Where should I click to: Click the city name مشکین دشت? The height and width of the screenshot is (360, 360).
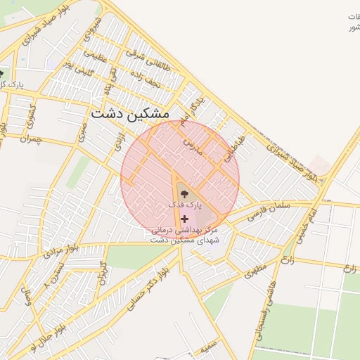pos(130,112)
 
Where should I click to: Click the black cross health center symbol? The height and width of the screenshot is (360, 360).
pos(185,219)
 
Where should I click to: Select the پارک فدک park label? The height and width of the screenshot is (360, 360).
pos(184,204)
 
